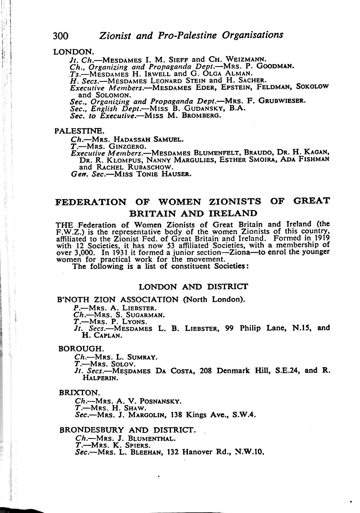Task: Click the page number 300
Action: tap(61, 36)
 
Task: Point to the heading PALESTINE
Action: tap(79, 131)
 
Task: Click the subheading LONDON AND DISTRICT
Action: tap(193, 287)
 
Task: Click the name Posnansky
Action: tap(160, 401)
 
